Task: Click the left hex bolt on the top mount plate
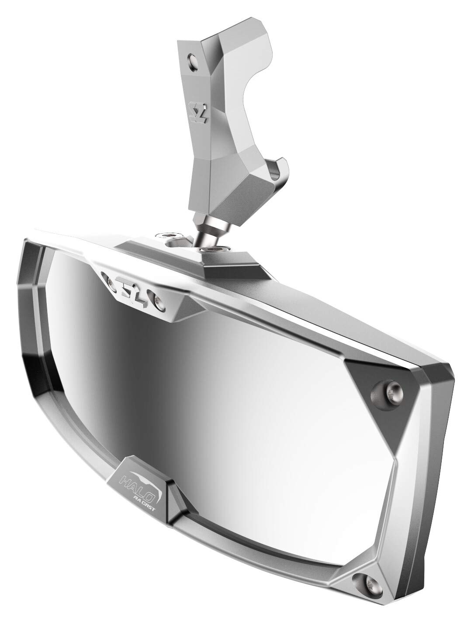tap(170, 236)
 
